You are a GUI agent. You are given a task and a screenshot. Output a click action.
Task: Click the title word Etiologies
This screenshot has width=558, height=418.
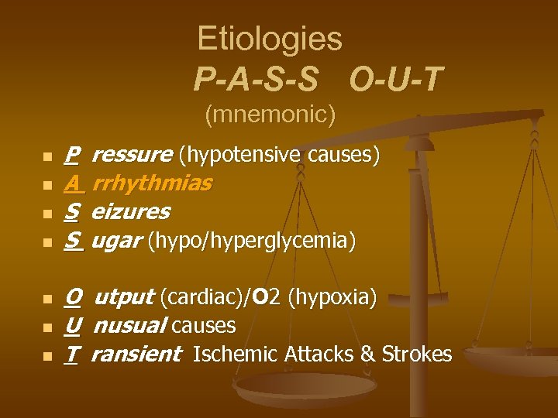pos(269,39)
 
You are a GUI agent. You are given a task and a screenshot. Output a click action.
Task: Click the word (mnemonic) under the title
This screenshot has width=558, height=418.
pos(270,115)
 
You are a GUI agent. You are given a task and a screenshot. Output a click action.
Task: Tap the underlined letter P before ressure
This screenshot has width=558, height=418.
pos(71,156)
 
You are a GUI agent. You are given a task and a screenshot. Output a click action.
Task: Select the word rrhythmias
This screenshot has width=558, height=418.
pos(153,184)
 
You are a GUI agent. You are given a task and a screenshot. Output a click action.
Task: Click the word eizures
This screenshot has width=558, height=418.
pos(131,212)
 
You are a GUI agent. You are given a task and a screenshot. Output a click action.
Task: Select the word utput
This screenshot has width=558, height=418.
pos(123,297)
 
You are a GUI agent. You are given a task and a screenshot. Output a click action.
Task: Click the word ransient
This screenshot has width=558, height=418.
pos(136,355)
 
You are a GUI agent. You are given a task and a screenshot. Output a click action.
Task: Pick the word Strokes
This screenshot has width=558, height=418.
pos(418,355)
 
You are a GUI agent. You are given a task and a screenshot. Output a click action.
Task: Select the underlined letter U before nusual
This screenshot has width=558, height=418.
pos(72,326)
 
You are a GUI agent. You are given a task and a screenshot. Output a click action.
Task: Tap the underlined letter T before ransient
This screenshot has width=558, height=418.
pos(71,355)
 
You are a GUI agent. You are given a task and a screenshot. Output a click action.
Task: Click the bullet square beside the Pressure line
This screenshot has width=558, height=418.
pos(46,157)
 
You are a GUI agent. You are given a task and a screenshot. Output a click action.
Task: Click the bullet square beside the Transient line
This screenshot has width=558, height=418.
pos(46,356)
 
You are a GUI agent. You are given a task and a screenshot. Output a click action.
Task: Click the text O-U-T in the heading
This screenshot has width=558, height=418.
pos(396,78)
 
